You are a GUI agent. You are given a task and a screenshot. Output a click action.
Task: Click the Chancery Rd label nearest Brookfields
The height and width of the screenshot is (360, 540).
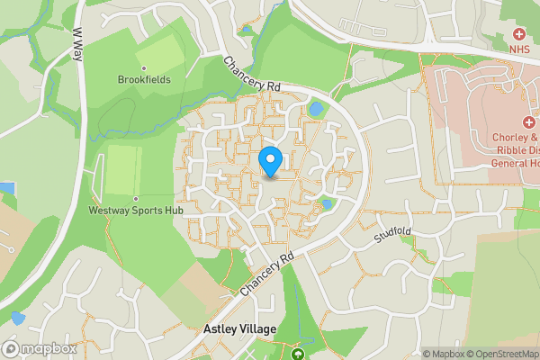(252, 75)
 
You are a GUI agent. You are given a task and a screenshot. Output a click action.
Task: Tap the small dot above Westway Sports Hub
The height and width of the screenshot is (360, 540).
(135, 198)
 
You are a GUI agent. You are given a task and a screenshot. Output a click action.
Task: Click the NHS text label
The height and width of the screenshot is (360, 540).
(519, 49)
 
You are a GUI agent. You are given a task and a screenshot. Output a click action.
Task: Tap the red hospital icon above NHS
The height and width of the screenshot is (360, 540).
(519, 33)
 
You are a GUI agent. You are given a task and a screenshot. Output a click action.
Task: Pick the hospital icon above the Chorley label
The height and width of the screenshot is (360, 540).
(527, 123)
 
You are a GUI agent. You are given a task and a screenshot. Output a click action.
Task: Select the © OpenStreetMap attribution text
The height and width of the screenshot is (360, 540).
(504, 354)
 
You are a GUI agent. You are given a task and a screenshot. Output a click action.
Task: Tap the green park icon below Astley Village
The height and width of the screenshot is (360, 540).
(298, 353)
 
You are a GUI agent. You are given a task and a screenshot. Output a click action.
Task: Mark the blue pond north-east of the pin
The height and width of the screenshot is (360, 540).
(315, 109)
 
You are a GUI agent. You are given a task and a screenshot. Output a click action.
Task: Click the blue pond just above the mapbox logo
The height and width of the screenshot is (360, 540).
(16, 318)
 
